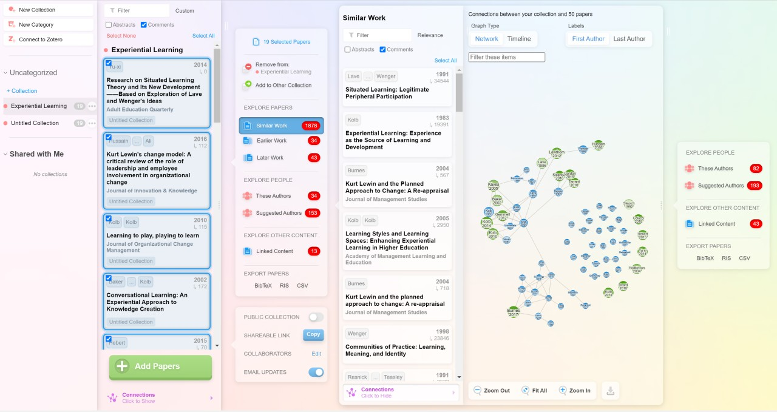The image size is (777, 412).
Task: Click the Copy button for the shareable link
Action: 313,334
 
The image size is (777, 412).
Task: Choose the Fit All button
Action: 534,391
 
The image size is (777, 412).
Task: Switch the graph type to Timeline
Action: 519,39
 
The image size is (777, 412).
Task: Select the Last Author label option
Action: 629,39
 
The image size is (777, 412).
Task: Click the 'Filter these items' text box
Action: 506,57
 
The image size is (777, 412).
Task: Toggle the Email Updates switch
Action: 316,372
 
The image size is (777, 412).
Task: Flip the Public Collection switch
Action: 316,317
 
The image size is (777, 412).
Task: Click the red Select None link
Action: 121,36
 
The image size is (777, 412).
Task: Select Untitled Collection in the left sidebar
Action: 35,123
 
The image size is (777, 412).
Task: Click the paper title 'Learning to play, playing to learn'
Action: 152,235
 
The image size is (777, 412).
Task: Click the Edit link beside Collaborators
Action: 316,354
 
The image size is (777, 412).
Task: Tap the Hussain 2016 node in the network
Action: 599,145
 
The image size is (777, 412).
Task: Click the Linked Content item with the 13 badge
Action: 274,251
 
